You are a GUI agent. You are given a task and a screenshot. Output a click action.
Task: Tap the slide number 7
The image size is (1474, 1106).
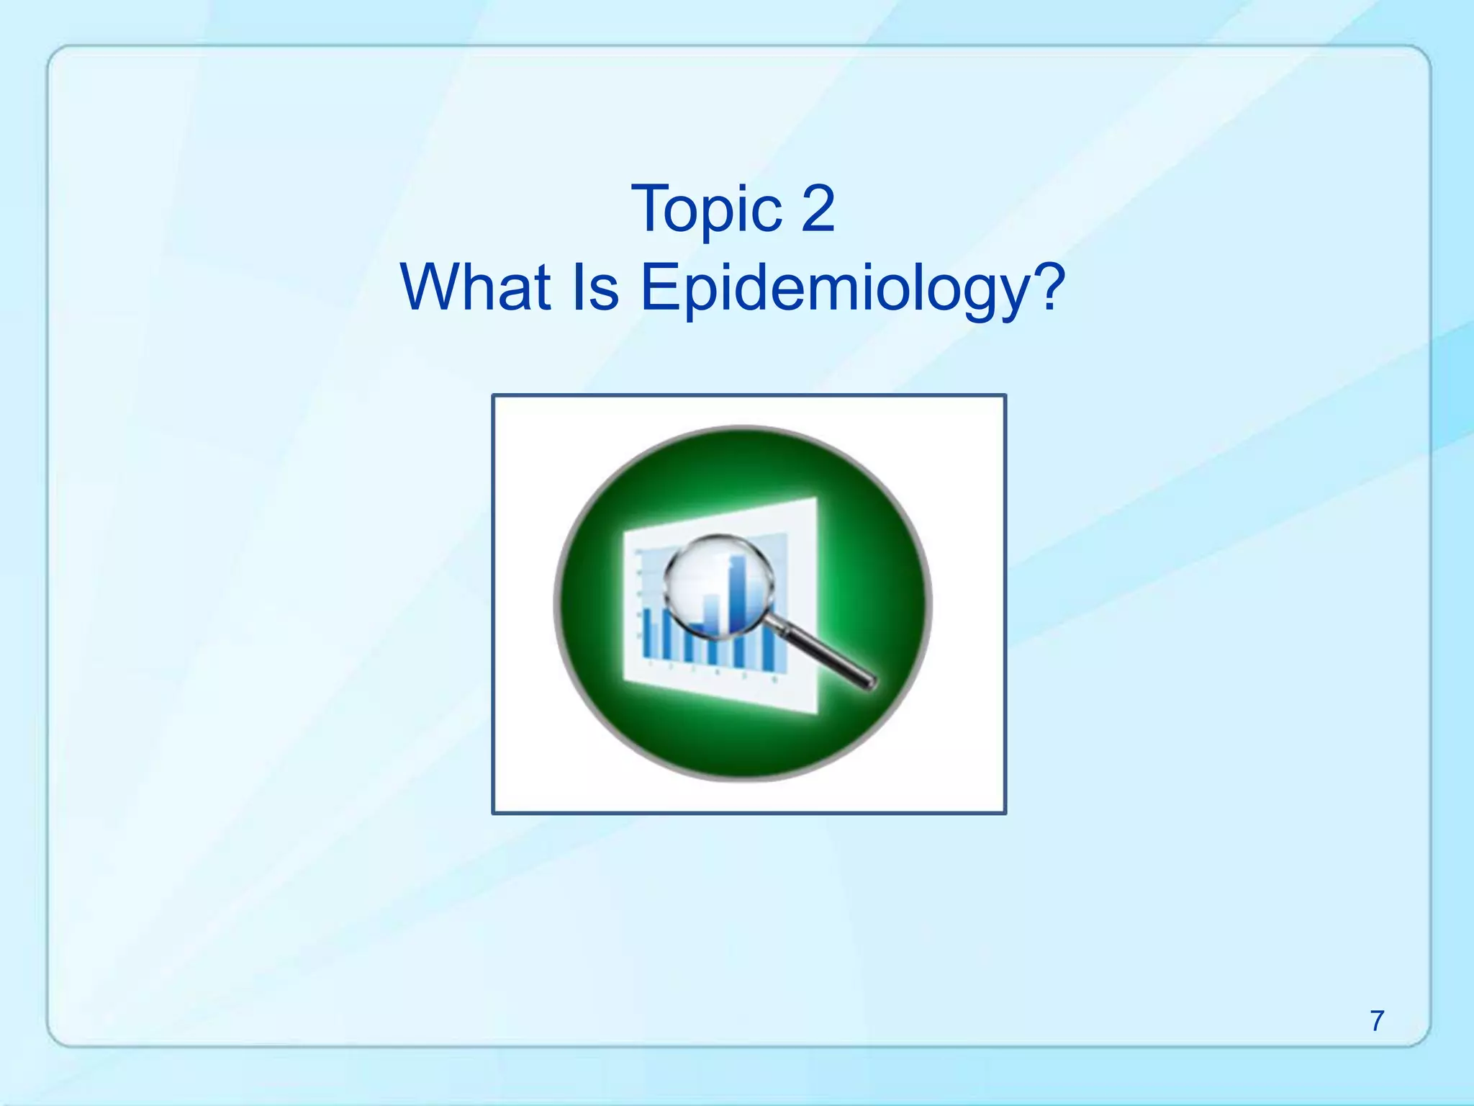pos(1376,1020)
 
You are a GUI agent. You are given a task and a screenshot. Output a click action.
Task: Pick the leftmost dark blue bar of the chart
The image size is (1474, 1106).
pos(647,634)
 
